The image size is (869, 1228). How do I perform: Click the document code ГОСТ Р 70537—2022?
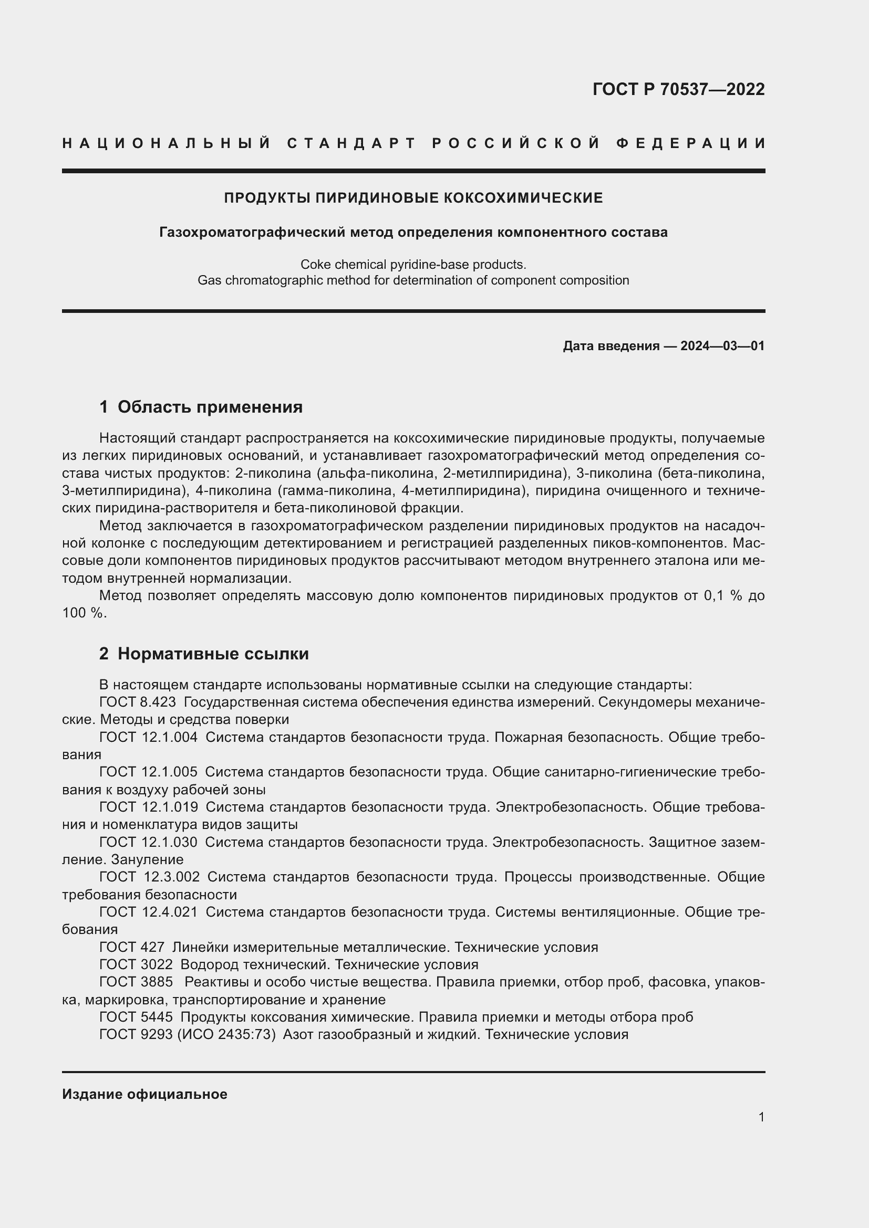[x=678, y=89]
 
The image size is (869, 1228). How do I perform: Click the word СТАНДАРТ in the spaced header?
[x=351, y=143]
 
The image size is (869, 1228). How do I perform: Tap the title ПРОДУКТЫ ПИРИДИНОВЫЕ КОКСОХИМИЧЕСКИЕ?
[x=413, y=198]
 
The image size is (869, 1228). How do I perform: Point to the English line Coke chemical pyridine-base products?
[x=413, y=264]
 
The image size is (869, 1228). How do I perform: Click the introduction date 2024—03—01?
[x=722, y=346]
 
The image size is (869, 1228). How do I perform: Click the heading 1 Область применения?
[x=201, y=407]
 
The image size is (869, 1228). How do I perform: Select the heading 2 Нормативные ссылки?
[x=204, y=654]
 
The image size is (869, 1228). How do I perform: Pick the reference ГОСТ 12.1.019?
[x=148, y=807]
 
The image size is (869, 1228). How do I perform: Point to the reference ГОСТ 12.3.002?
[x=149, y=877]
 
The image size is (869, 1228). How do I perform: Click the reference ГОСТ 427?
[x=132, y=947]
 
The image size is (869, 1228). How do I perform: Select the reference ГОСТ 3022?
[x=136, y=964]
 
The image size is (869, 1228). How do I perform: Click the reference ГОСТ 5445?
[x=136, y=1017]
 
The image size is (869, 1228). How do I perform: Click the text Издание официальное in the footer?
[x=144, y=1094]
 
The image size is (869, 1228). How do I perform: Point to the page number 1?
[x=761, y=1117]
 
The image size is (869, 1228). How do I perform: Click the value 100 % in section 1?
[x=83, y=613]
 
